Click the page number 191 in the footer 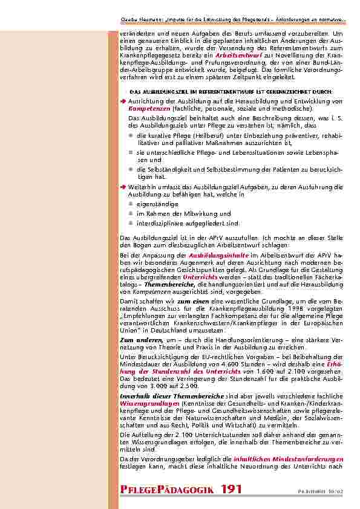coord(232,489)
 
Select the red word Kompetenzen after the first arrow coord(149,108)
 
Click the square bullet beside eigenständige coord(131,204)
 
